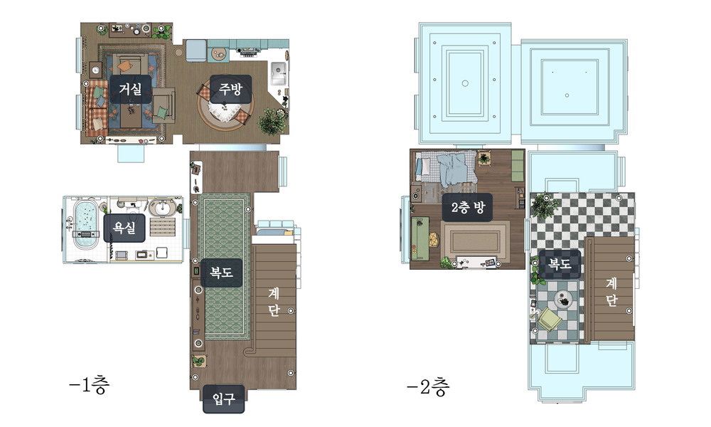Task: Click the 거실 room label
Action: coord(131,89)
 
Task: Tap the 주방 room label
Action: coord(230,89)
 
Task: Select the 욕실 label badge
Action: coord(124,228)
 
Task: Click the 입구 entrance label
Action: coord(223,399)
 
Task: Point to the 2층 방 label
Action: coord(468,207)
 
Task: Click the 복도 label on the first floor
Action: coord(221,273)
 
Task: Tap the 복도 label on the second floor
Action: coord(560,263)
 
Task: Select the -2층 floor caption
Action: coord(428,386)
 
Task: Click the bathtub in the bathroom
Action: coord(86,225)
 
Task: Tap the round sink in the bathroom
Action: coord(163,207)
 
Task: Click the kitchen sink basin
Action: coord(279,73)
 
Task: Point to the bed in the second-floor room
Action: coord(447,169)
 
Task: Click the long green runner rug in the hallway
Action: coord(225,266)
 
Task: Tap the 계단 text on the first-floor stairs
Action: coord(274,302)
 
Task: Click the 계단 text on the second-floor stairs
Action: coord(611,292)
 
